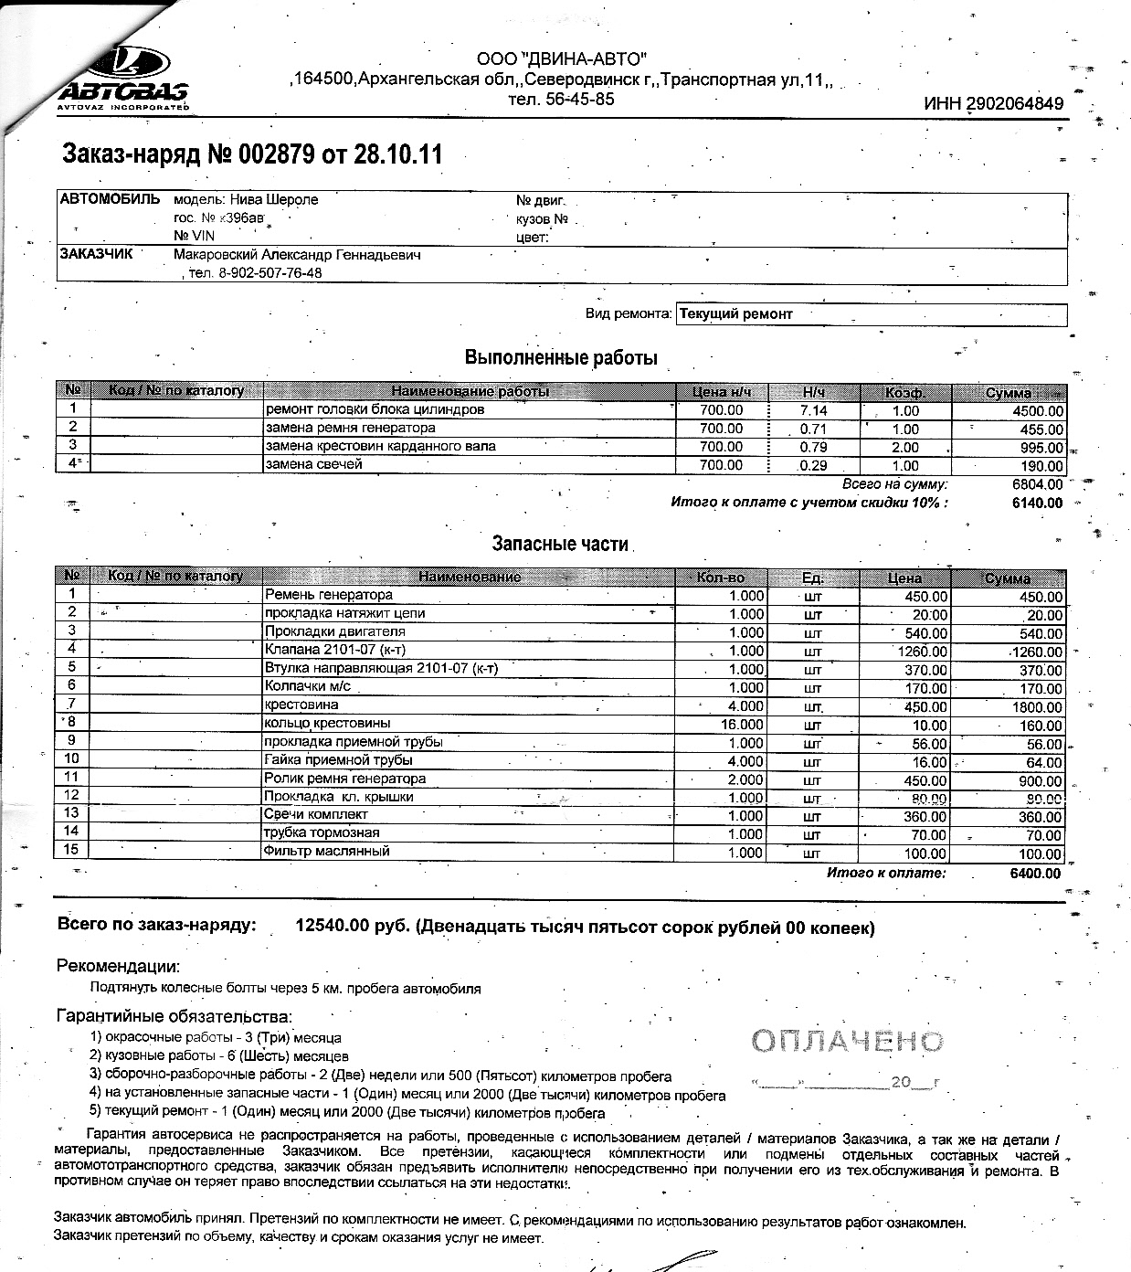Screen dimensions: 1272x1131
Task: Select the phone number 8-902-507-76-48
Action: pos(270,273)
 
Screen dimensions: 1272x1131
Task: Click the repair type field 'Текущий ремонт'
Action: pos(735,314)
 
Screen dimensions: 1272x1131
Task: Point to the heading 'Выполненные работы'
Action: pos(561,358)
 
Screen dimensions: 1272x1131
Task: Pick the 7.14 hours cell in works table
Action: pos(813,410)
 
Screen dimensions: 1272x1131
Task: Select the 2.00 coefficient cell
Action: pos(905,447)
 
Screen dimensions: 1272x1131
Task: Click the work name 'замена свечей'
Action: pos(313,464)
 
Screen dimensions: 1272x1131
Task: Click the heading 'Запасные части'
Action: pos(560,544)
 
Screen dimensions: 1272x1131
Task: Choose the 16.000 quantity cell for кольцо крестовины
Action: pos(741,725)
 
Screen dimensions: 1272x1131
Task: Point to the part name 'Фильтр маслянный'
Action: pos(326,852)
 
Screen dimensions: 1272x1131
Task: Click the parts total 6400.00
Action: pos(1035,873)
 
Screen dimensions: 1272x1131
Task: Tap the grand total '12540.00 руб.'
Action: pos(352,927)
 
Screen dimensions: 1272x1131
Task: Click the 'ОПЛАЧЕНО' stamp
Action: pos(847,1041)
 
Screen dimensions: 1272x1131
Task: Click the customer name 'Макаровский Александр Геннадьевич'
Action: pos(297,255)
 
